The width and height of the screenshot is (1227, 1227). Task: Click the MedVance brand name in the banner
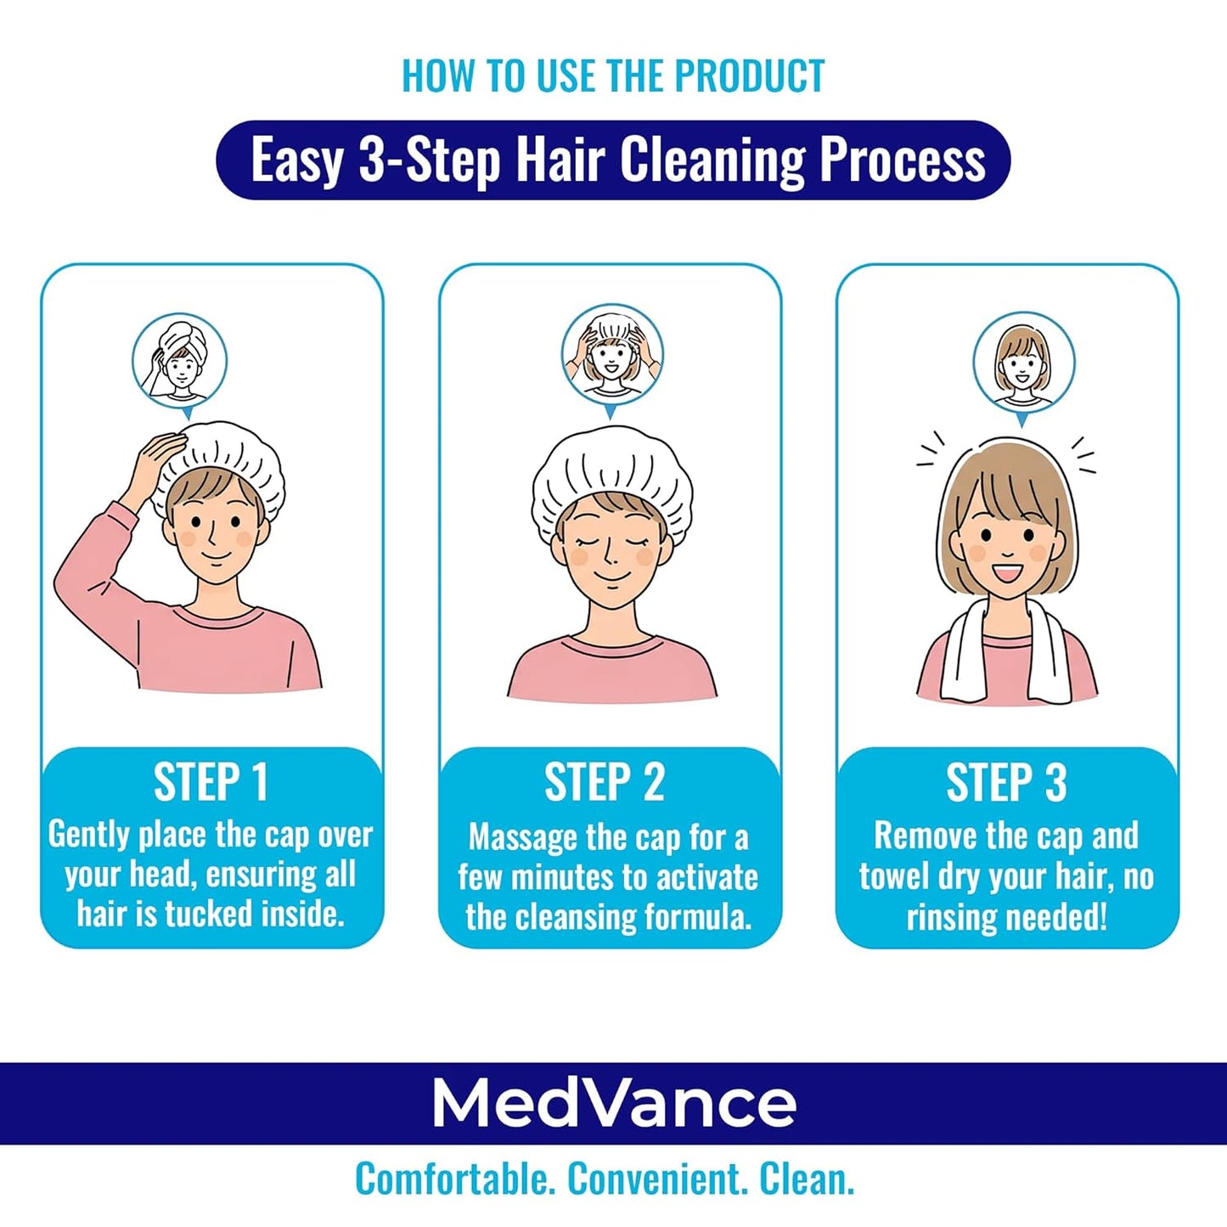(613, 1103)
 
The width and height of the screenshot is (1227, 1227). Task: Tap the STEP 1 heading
(211, 782)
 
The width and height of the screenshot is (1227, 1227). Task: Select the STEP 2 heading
(604, 782)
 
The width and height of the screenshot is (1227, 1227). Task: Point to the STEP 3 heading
(1006, 782)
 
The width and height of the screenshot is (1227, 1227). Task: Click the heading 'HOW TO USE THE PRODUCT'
(613, 76)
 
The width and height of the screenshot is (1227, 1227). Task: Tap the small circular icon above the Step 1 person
(179, 361)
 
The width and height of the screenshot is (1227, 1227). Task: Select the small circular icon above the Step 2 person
(611, 354)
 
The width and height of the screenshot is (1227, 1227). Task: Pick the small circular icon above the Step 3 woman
(1023, 363)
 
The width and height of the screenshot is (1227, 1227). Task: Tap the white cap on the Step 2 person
(611, 476)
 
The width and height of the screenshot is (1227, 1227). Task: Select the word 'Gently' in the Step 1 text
(88, 836)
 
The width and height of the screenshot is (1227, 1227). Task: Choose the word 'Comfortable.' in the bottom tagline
(454, 1179)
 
